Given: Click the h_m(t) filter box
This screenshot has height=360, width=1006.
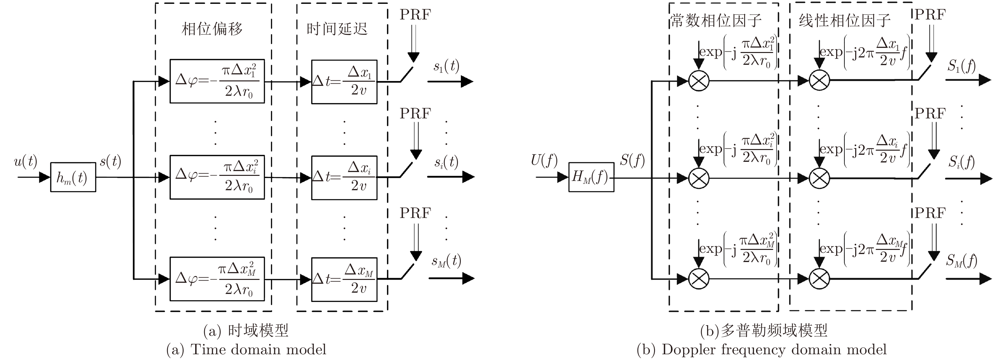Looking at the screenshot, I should [73, 178].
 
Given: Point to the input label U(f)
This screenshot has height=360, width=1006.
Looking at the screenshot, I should [544, 161].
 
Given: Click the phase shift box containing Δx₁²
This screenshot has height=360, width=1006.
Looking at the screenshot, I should [217, 81].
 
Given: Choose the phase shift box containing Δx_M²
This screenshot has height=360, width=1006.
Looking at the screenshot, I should [217, 279].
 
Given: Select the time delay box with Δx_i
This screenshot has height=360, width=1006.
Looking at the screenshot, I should [344, 177].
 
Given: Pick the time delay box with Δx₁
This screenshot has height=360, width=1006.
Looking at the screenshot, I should [344, 82].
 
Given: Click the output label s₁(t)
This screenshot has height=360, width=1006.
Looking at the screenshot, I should [446, 66].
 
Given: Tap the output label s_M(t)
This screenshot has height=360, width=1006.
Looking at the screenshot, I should [446, 261].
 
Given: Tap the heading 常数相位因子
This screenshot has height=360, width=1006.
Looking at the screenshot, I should [716, 20].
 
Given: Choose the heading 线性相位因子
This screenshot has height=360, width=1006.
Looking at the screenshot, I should [844, 20].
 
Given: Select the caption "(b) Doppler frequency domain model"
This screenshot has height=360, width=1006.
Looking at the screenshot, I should [762, 349].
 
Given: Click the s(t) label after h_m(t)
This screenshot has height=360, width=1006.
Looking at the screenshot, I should [111, 161].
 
